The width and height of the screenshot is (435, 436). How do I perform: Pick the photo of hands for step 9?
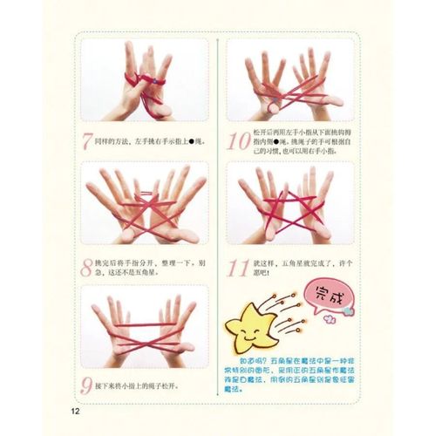[x=145, y=326]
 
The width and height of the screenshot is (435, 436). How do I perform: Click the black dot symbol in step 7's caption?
[x=192, y=140]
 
